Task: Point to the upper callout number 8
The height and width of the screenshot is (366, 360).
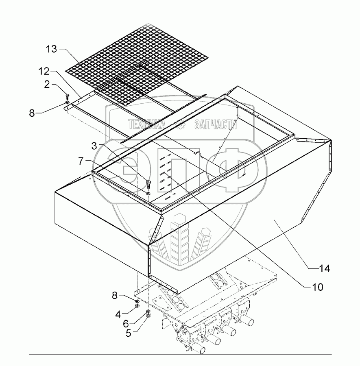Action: [x=33, y=113]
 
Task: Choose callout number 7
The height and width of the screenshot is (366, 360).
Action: [x=82, y=161]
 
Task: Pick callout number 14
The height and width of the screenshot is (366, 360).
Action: [x=324, y=268]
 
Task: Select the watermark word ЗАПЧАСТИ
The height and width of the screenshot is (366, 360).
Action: [x=215, y=124]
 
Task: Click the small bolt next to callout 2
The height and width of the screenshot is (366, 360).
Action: [x=67, y=97]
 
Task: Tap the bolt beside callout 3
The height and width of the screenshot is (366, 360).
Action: [x=148, y=183]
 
